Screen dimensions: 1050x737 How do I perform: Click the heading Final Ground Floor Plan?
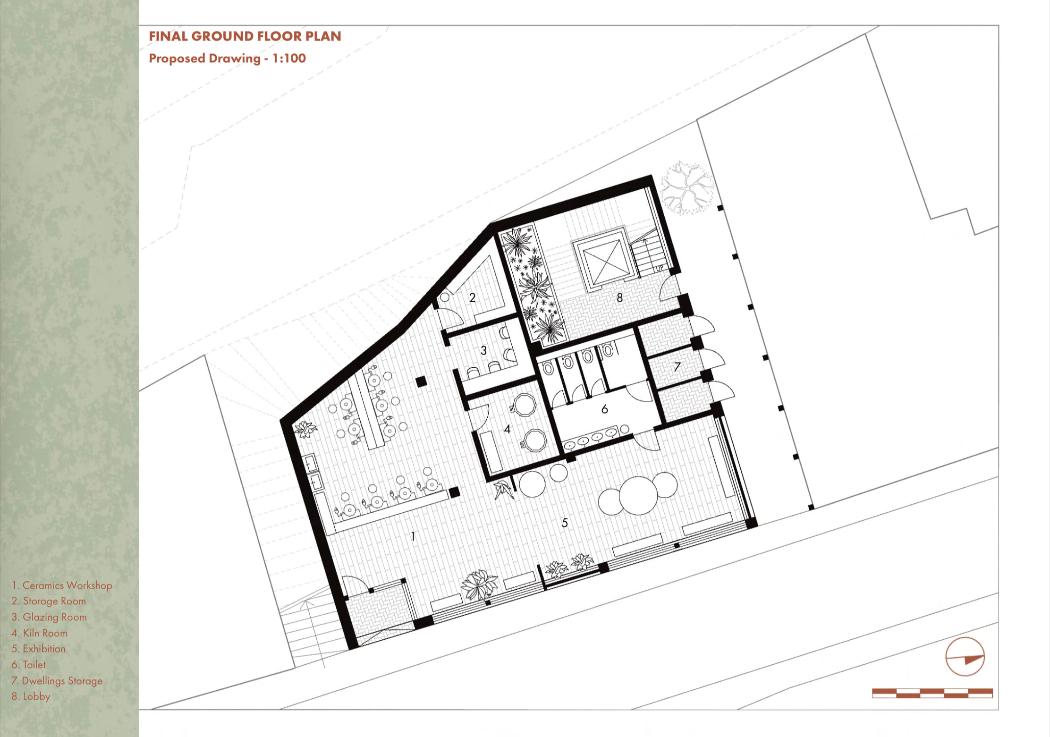coord(245,36)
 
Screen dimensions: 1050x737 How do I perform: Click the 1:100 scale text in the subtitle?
coord(289,58)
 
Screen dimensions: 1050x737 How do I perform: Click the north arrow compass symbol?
coord(965,657)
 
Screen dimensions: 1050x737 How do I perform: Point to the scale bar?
coord(932,693)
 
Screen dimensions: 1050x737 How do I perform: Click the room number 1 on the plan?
coord(413,536)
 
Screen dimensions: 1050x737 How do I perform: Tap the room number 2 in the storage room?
coord(472,297)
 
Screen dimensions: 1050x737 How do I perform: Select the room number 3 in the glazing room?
coord(483,350)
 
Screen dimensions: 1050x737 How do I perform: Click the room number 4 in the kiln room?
coord(507,429)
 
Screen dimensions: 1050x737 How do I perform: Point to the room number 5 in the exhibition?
coord(565,523)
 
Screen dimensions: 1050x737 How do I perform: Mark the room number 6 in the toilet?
coord(604,409)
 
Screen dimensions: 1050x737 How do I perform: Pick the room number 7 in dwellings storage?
coord(677,367)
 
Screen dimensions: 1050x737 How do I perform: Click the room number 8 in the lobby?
coord(619,297)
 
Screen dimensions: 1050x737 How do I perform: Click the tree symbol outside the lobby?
coord(687,188)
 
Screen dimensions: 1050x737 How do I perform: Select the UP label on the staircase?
coord(660,268)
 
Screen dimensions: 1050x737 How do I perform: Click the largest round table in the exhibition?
coord(638,495)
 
